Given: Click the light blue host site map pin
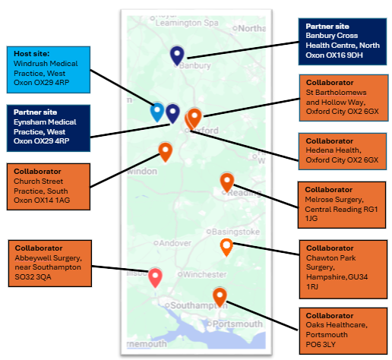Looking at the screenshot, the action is [157, 112].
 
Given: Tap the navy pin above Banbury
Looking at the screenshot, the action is [177, 55].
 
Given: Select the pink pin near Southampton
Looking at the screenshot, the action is [155, 278].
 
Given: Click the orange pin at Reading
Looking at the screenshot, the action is [227, 182].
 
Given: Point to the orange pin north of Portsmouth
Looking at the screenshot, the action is [220, 297].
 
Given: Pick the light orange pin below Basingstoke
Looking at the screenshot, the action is [226, 248].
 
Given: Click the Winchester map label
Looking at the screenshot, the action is [202, 274].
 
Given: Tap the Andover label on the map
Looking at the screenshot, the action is [172, 243].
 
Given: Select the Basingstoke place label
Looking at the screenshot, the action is [233, 232].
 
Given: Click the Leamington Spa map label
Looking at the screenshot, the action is [187, 23].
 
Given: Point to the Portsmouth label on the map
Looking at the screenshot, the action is [235, 324].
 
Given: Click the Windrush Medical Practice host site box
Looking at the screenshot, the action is [49, 70].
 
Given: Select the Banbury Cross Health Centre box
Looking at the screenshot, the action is [343, 42].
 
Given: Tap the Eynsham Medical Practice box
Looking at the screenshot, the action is [49, 128].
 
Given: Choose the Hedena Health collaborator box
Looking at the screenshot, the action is [343, 151].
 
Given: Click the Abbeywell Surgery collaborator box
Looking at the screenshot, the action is [50, 264].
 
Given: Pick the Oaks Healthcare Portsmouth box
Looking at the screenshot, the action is [343, 331].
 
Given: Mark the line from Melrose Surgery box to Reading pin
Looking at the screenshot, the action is [266, 197].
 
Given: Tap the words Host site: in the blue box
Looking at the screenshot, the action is [32, 54].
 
